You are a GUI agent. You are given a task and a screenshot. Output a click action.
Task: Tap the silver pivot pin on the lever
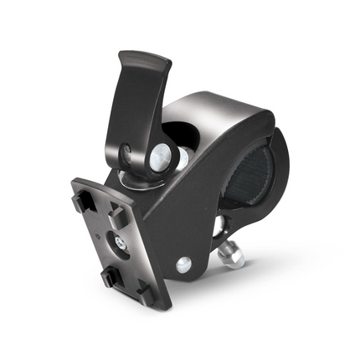(x=158, y=156)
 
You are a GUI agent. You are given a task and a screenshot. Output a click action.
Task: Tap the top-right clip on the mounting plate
(x=120, y=214)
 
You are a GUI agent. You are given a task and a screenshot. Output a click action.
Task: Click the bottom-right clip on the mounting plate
(x=143, y=289)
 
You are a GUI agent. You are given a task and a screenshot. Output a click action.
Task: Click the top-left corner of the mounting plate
(x=75, y=182)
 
